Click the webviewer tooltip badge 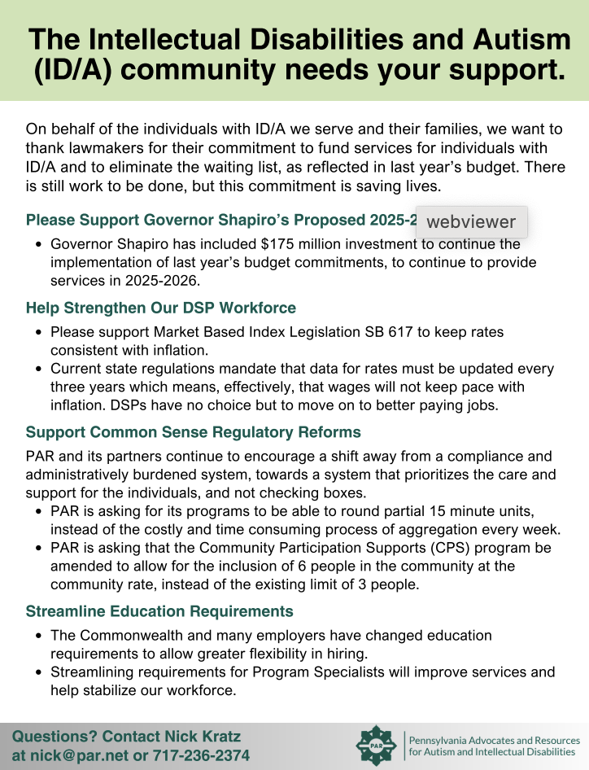pos(471,221)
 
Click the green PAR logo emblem pos(379,745)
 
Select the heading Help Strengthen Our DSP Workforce pos(161,308)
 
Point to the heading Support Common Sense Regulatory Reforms pos(194,432)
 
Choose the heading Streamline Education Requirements pos(159,611)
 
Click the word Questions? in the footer pos(54,737)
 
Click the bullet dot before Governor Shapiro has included pos(38,244)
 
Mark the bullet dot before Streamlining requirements pos(38,672)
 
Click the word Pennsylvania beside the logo pos(444,741)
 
